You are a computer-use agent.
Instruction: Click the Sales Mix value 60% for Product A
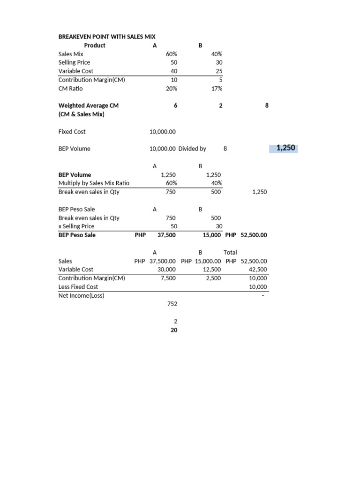[172, 54]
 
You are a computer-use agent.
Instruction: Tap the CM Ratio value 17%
[217, 88]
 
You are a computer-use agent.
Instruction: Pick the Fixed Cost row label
[72, 132]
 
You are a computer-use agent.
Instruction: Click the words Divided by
[192, 149]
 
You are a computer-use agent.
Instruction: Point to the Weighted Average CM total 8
[267, 105]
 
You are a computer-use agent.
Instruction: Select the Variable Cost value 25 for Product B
[219, 71]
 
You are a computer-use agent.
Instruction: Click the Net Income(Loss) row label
[82, 295]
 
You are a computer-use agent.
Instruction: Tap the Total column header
[230, 252]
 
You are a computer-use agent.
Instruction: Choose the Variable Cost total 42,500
[258, 270]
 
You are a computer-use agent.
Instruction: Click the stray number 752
[172, 304]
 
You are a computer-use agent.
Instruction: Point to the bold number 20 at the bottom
[174, 330]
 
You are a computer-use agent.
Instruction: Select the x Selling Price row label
[76, 226]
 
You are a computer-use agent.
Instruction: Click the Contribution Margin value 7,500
[167, 278]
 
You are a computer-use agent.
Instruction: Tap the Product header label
[95, 45]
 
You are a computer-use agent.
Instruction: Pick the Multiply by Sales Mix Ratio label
[94, 183]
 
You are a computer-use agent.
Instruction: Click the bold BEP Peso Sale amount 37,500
[166, 235]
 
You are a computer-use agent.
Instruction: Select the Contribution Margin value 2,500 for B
[213, 278]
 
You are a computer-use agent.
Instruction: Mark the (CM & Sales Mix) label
[82, 114]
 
